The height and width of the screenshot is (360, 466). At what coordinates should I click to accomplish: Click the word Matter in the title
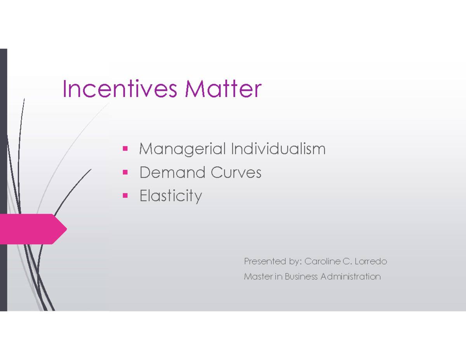pos(223,89)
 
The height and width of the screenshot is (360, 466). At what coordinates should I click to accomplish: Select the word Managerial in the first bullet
pos(183,149)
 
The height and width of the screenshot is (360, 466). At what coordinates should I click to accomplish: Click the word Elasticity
pos(171,196)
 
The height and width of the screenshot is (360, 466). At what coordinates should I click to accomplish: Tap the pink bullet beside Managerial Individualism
pos(125,148)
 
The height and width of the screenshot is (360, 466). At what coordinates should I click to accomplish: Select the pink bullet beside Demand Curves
pos(125,172)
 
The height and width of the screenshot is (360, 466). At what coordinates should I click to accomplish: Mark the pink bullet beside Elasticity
pos(125,195)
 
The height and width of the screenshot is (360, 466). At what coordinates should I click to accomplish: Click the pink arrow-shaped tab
pos(31,229)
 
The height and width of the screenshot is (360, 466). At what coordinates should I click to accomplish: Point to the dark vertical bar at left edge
pos(3,179)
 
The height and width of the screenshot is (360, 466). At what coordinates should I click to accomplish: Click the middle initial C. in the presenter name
pos(346,261)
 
